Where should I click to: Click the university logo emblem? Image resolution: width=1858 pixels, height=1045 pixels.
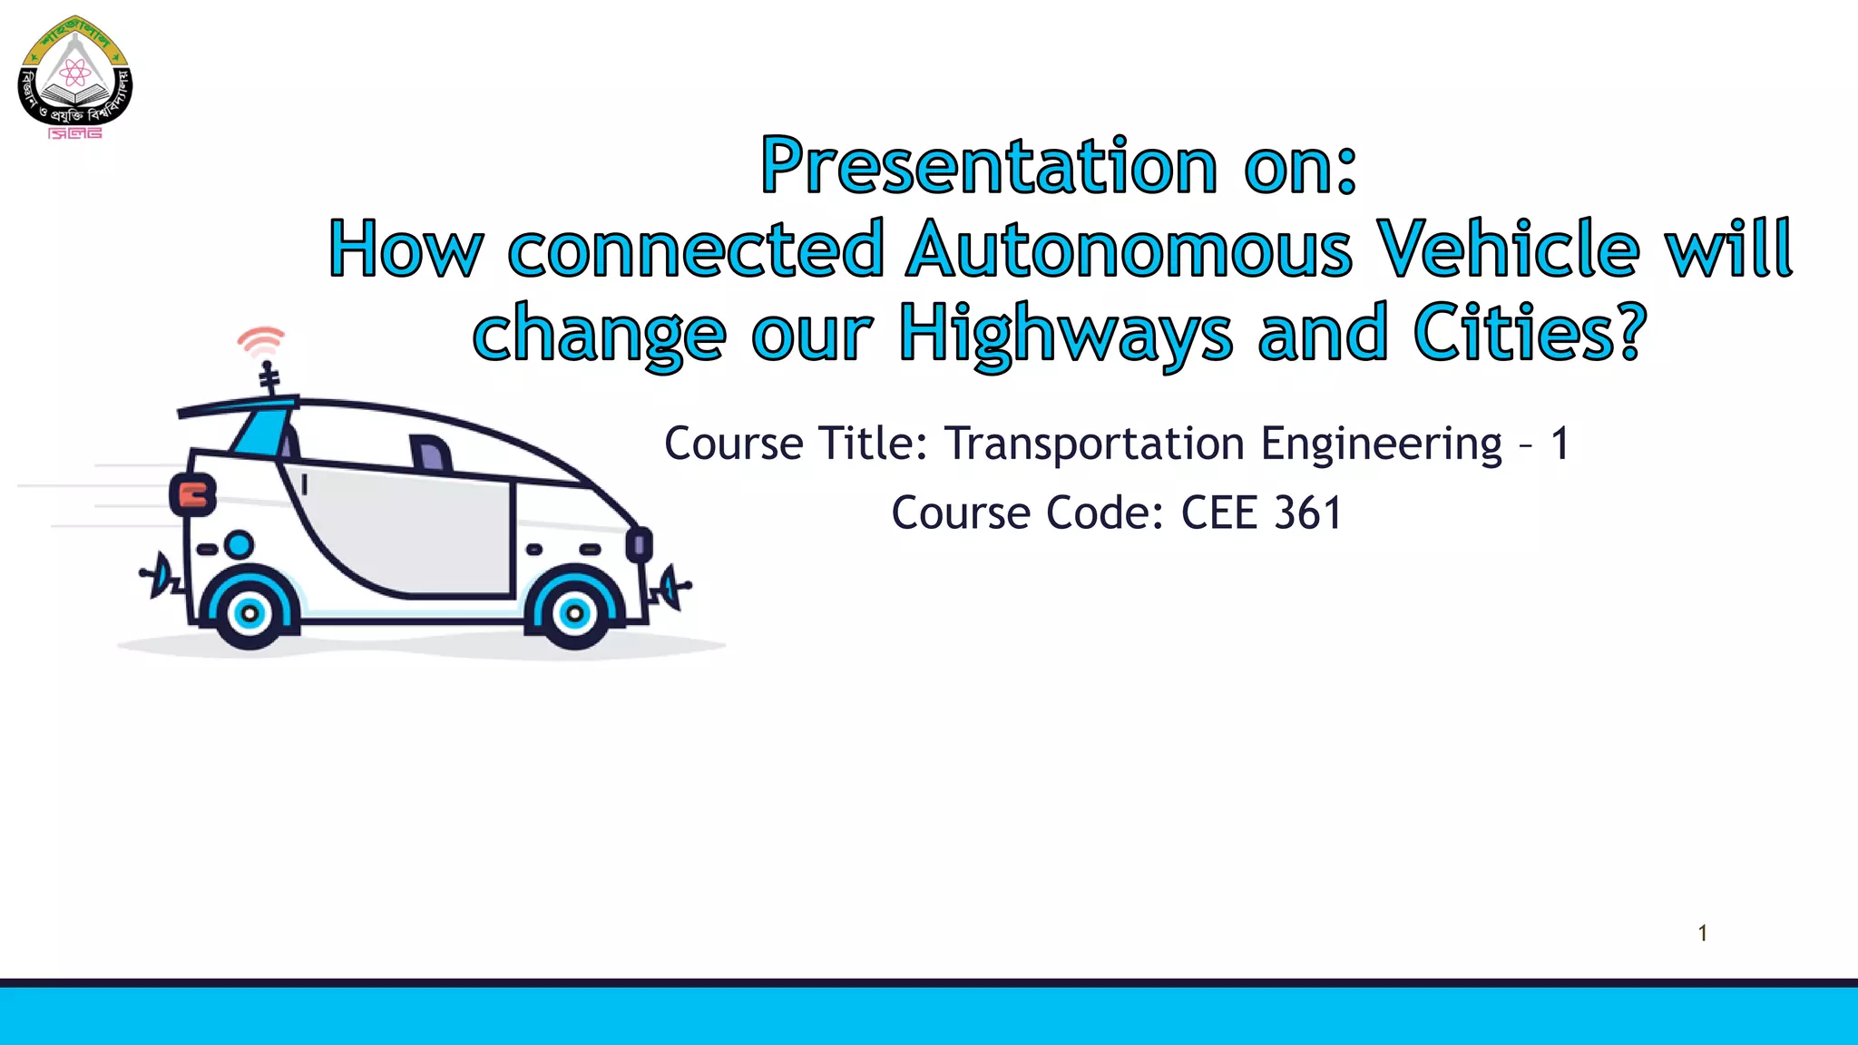click(75, 77)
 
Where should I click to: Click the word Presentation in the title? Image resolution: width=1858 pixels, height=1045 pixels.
click(989, 166)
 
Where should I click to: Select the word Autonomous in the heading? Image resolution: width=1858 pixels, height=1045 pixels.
click(1129, 249)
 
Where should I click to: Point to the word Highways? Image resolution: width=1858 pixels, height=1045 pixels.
click(1065, 334)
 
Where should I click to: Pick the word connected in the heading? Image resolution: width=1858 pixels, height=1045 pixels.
click(696, 249)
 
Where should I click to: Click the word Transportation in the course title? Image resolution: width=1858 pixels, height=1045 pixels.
click(1094, 444)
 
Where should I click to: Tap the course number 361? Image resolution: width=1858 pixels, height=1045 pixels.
click(1307, 513)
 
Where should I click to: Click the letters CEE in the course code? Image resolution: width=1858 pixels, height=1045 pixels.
click(1220, 513)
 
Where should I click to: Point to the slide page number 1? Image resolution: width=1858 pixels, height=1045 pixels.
click(1703, 933)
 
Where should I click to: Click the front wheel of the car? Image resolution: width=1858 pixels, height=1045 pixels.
click(573, 614)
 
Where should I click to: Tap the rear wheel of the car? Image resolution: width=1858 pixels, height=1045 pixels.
click(249, 614)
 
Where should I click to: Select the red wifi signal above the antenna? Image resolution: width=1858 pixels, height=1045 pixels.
click(261, 341)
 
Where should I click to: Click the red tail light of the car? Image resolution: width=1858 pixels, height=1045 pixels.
click(193, 495)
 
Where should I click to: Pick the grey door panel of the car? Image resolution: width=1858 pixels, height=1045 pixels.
click(408, 535)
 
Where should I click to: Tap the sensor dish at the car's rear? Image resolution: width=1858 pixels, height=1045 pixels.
click(160, 573)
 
